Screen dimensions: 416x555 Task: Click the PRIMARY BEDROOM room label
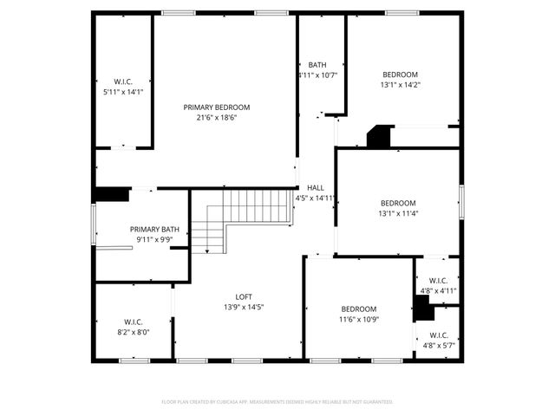(217, 107)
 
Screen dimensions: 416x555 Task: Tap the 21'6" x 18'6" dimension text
(217, 118)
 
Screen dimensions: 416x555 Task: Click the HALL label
(315, 187)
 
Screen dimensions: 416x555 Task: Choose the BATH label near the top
(317, 65)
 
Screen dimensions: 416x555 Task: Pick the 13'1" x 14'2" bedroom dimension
(400, 85)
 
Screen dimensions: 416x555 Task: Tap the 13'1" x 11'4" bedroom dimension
(398, 213)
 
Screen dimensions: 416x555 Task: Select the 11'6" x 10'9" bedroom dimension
(358, 319)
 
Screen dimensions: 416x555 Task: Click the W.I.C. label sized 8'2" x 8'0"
(132, 331)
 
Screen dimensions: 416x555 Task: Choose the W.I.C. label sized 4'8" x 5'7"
(438, 345)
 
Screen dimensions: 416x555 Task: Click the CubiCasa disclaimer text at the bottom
(277, 402)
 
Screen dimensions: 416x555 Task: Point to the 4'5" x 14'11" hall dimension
(316, 198)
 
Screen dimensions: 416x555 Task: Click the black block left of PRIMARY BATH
(111, 195)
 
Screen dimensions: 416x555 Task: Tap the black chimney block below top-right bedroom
(379, 137)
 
